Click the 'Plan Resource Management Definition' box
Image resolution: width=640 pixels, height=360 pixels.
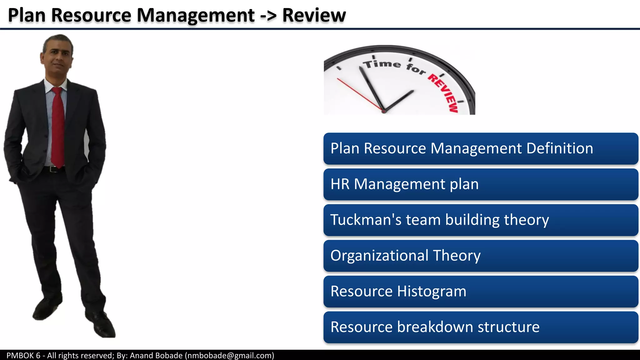point(481,149)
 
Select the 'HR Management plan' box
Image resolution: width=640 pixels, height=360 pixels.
point(481,184)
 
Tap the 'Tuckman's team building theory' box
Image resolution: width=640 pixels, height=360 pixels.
point(481,220)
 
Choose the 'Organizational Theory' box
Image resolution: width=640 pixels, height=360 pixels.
point(481,256)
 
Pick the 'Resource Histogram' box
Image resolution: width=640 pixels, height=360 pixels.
point(481,291)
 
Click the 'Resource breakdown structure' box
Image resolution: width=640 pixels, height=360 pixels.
point(481,327)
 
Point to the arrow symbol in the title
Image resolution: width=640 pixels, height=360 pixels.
point(268,16)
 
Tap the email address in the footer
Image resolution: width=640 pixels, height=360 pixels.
point(230,355)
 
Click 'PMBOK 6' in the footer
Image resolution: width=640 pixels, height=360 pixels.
point(23,355)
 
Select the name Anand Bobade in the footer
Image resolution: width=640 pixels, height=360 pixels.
point(156,355)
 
